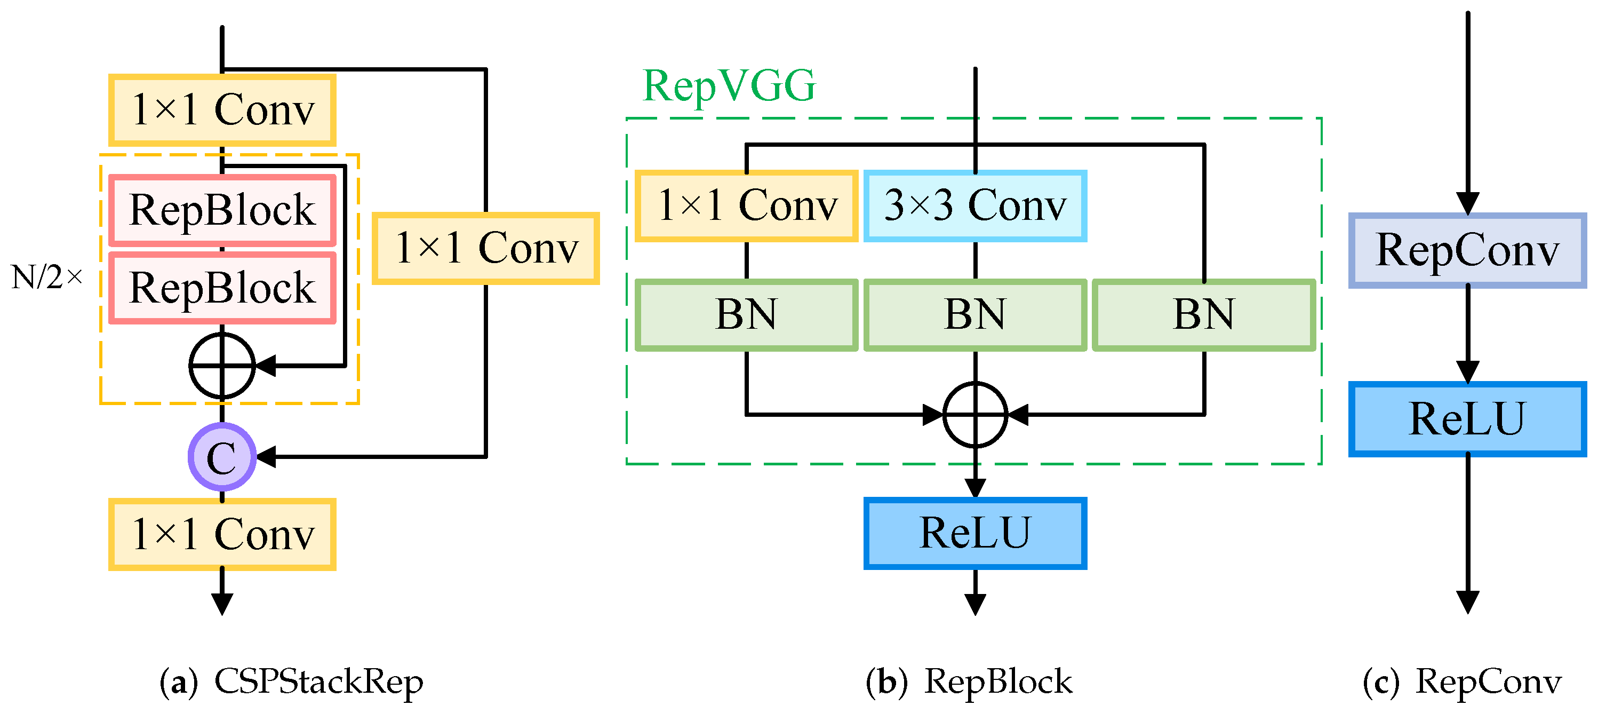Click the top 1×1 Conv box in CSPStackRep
coord(222,110)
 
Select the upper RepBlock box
coord(222,210)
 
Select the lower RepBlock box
coord(222,288)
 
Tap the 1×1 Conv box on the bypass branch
coord(486,248)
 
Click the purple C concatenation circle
coord(222,457)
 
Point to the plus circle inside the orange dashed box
coord(222,366)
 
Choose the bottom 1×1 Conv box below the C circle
coord(222,534)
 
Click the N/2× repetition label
coord(46,278)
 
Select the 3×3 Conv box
coord(974,206)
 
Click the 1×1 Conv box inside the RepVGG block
coord(746,206)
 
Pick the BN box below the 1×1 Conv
coord(746,315)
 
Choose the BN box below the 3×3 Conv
coord(974,315)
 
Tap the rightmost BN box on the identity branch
coord(1203,315)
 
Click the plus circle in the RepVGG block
coord(975,415)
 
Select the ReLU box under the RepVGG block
coord(974,533)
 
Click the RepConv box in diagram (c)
coord(1467,251)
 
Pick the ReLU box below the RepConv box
coord(1467,419)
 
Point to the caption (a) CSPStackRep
coord(292,682)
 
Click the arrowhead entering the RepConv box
coord(1468,203)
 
